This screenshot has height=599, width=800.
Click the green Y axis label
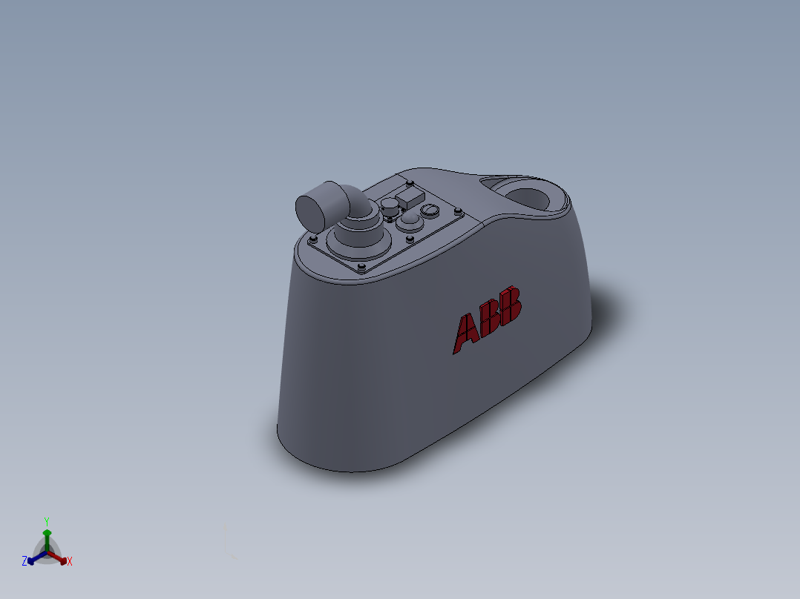click(x=46, y=521)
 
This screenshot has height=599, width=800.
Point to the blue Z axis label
click(x=24, y=561)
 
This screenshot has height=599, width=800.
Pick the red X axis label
click(x=70, y=562)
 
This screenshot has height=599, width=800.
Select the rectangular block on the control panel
click(x=410, y=198)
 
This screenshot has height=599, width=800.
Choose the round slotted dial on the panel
click(x=429, y=211)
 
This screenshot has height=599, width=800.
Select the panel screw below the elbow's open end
click(x=313, y=239)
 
